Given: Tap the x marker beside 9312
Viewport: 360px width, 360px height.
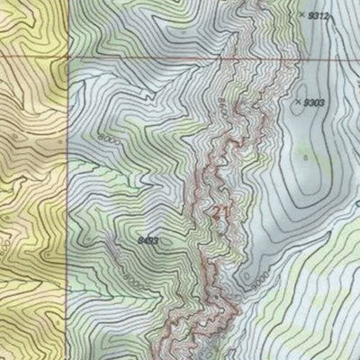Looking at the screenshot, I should pyautogui.click(x=301, y=15).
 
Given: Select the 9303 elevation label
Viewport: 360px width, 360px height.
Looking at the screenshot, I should pyautogui.click(x=313, y=103).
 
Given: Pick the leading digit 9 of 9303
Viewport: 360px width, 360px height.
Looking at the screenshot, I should pyautogui.click(x=305, y=103).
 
